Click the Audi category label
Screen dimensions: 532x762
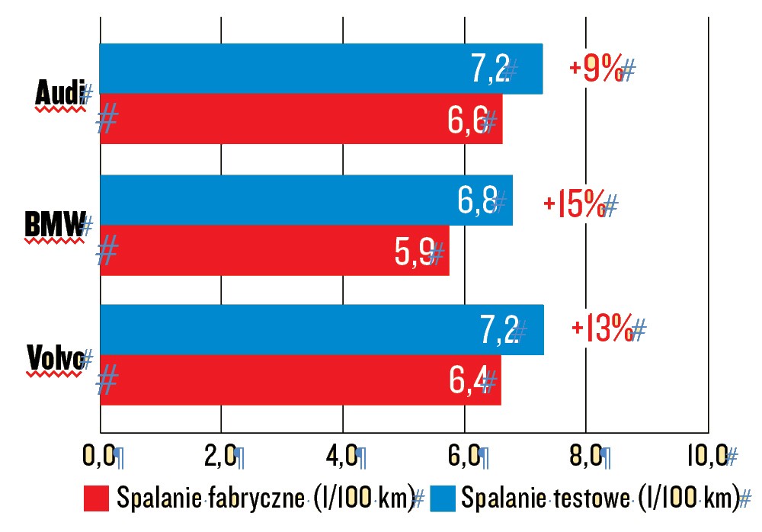(x=59, y=95)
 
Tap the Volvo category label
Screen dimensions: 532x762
(x=54, y=356)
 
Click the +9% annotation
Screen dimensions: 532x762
(x=597, y=69)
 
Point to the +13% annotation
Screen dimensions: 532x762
(x=602, y=329)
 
